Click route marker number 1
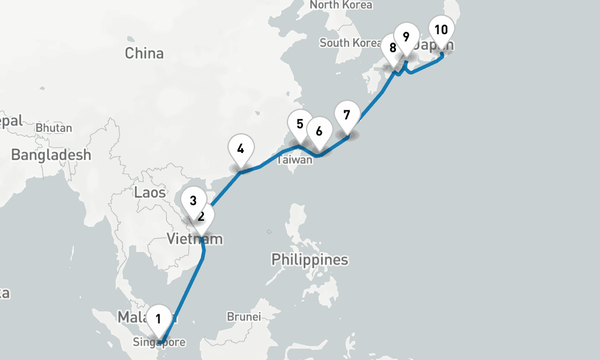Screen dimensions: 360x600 158,319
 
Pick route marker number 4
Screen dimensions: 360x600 241,148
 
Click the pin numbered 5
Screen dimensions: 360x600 300,124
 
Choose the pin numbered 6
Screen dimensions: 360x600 319,131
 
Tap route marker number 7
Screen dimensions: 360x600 346,114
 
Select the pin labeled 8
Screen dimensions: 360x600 392,48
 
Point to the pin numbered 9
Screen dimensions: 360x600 406,37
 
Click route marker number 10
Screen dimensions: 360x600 441,30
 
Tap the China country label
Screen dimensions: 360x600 144,53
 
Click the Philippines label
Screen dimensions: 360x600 310,260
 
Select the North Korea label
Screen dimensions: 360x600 341,5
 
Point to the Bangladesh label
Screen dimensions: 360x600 51,155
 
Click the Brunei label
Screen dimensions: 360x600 244,316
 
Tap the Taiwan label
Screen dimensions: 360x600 295,160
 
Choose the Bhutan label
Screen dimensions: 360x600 54,128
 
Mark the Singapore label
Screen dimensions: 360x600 160,343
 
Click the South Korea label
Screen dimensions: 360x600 350,43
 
